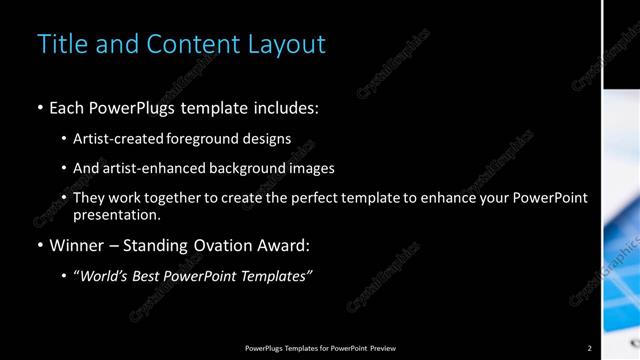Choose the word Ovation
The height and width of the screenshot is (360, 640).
[233, 245]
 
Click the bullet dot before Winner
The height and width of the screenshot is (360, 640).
[39, 246]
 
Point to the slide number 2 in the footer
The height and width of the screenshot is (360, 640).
[589, 348]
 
